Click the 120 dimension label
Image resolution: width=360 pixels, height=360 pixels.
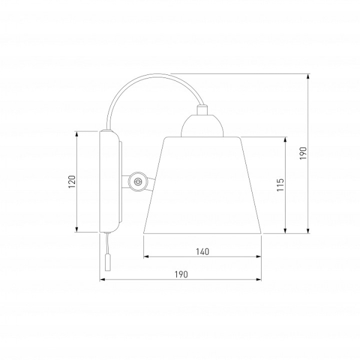(x=72, y=182)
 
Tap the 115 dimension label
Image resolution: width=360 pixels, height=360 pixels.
(x=280, y=185)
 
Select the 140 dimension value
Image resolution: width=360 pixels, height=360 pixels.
(x=203, y=251)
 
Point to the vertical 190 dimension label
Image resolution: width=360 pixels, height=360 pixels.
(x=303, y=154)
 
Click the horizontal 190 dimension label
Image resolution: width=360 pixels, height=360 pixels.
(x=181, y=274)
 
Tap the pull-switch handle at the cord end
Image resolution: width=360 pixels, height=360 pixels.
(x=107, y=262)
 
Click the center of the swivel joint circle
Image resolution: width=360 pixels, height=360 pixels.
(x=137, y=181)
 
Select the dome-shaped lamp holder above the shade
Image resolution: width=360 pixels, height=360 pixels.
(x=202, y=126)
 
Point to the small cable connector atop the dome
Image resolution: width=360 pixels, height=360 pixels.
(x=202, y=110)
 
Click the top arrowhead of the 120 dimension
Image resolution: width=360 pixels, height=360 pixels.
(x=77, y=134)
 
